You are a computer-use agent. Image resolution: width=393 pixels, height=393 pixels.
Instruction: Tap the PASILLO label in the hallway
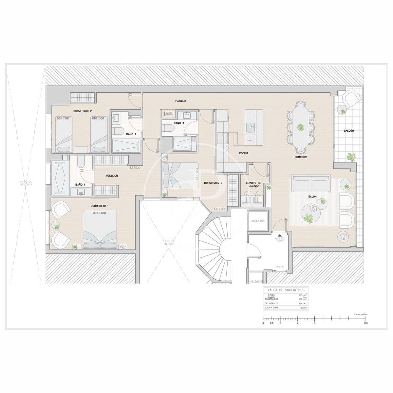180,101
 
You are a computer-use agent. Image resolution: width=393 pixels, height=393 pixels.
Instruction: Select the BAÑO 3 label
179,123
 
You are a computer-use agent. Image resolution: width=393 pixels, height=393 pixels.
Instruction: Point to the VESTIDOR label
112,176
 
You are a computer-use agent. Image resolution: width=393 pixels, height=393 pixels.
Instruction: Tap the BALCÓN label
348,131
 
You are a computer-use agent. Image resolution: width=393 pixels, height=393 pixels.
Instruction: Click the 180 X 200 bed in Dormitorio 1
100,230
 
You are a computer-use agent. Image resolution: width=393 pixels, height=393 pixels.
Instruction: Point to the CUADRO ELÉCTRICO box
169,114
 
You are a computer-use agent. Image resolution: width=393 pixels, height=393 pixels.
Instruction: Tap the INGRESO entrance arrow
279,235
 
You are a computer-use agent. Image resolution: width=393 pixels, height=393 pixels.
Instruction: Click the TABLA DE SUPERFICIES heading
286,290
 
